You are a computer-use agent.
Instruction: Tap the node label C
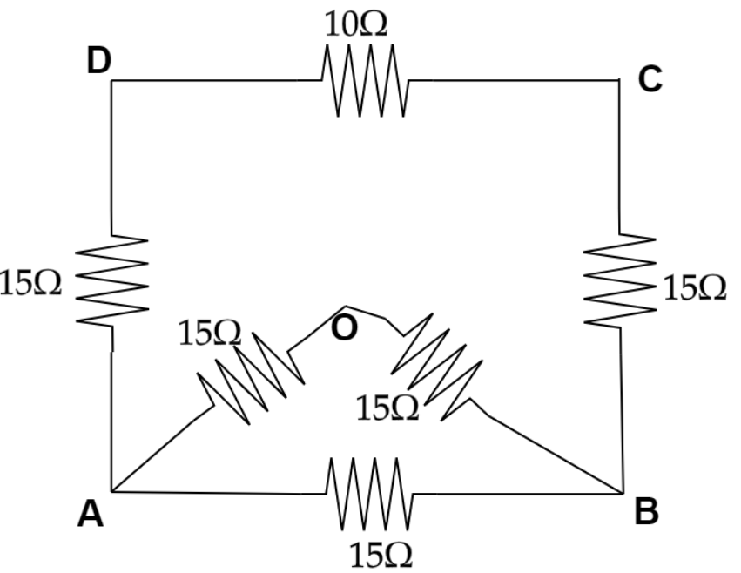[650, 79]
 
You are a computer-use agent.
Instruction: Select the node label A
[90, 516]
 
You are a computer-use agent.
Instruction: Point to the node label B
[646, 512]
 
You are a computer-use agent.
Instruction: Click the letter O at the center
[344, 329]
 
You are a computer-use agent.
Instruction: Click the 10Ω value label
[356, 25]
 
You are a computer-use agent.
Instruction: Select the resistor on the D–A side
[112, 280]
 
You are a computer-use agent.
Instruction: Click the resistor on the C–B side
[619, 280]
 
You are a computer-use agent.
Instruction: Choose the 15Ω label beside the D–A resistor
[31, 284]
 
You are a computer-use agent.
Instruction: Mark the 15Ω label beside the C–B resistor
[695, 287]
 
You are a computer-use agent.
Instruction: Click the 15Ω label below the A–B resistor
[380, 553]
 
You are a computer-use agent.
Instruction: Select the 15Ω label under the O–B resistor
[387, 407]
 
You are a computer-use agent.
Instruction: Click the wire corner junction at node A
[113, 491]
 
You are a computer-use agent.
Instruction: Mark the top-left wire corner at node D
[113, 81]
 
